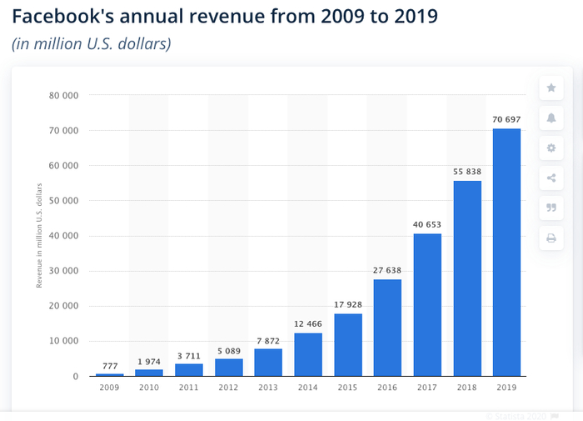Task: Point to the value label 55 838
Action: (467, 172)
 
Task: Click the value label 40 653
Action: (427, 225)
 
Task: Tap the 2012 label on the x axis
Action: (228, 388)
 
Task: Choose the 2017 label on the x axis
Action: (427, 388)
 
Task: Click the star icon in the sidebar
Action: (551, 88)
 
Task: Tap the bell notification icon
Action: (551, 118)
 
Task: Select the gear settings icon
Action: (551, 148)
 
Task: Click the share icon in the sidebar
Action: (551, 178)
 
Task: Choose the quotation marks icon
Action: (551, 208)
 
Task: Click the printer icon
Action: (551, 238)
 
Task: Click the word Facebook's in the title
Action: (67, 16)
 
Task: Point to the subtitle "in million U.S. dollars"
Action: (92, 43)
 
